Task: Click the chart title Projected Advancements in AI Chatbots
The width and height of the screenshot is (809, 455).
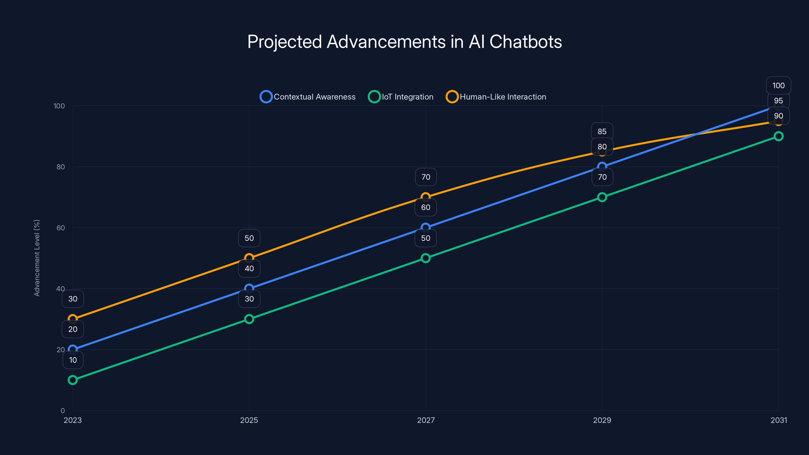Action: click(404, 42)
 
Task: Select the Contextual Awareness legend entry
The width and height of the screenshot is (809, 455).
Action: click(308, 97)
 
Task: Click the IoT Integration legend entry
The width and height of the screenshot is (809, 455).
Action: click(401, 97)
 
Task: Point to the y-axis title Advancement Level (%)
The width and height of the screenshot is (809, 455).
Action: click(37, 258)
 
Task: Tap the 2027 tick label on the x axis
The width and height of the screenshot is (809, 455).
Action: click(425, 420)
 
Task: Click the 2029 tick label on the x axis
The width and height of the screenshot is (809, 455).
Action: click(602, 420)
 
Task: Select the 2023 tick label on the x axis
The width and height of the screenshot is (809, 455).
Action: click(73, 420)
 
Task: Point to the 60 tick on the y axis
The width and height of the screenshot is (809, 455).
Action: click(61, 228)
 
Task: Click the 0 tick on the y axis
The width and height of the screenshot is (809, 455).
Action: click(62, 411)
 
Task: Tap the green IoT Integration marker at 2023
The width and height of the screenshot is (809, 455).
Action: click(73, 380)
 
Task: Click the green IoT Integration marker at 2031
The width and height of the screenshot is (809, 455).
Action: click(778, 136)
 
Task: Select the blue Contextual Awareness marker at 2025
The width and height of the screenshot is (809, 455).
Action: click(249, 288)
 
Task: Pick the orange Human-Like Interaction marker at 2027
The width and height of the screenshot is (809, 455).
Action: click(425, 197)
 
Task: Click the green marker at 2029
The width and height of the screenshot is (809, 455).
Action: click(602, 197)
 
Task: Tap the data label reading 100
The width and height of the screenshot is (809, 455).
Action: click(778, 85)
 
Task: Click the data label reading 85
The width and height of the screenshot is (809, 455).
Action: click(602, 131)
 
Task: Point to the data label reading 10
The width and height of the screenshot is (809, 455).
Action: click(73, 360)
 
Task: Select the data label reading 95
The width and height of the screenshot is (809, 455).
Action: click(778, 101)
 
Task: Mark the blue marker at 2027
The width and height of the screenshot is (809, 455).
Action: click(425, 227)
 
